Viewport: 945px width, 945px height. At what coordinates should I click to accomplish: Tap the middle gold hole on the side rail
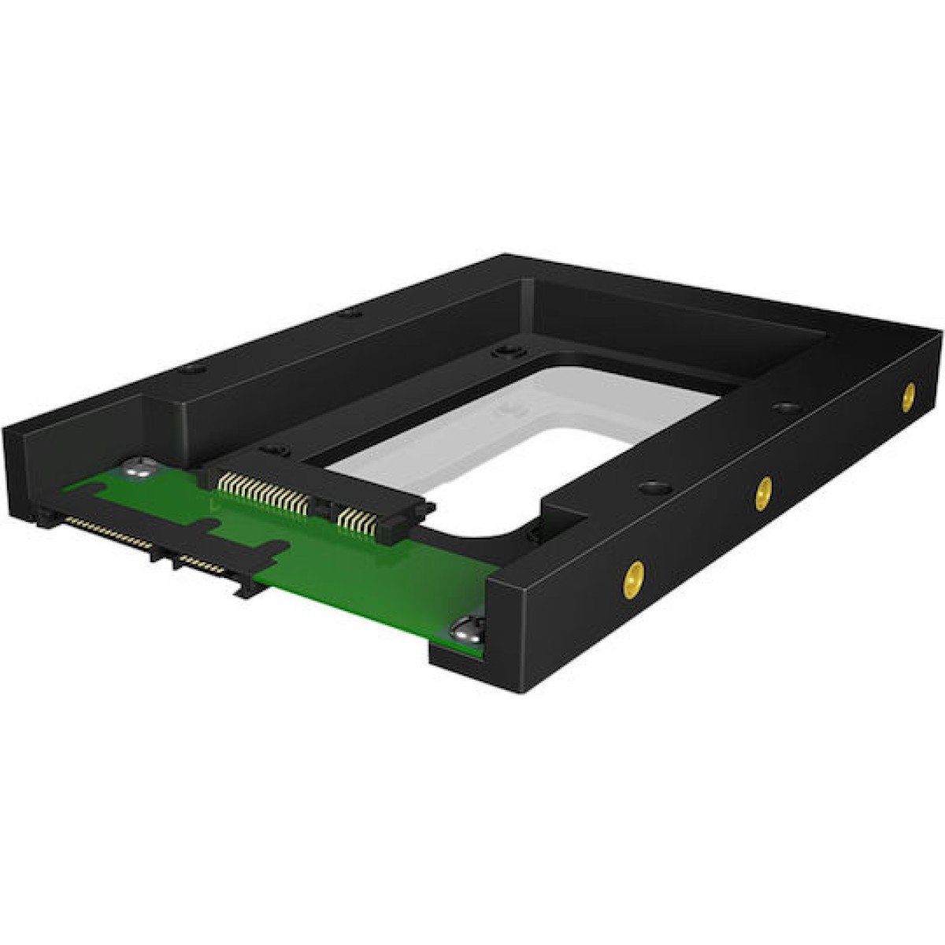(762, 494)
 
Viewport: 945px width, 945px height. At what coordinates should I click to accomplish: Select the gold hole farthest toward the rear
(909, 394)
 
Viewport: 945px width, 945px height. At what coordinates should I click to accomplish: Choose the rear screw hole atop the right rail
(783, 407)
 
